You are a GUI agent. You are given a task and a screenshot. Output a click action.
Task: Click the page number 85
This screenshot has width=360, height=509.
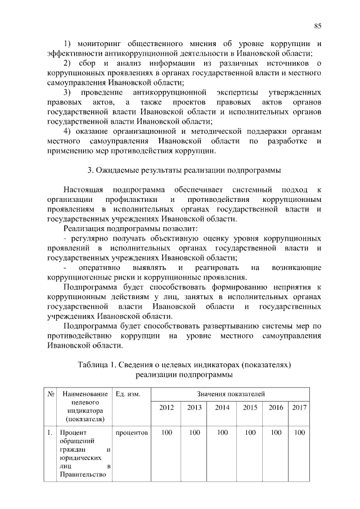click(317, 26)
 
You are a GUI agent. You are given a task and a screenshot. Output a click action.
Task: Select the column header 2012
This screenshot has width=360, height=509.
click(166, 407)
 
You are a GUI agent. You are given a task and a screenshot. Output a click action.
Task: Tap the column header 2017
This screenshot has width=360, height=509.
click(299, 407)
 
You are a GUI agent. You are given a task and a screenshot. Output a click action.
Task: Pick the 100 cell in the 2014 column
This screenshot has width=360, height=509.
click(223, 433)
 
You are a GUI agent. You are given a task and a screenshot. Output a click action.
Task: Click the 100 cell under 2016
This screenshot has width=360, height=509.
click(276, 433)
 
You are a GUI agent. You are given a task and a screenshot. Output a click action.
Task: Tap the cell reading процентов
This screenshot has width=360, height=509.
click(131, 433)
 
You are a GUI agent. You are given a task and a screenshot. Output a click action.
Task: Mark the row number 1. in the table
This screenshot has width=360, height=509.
click(50, 433)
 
